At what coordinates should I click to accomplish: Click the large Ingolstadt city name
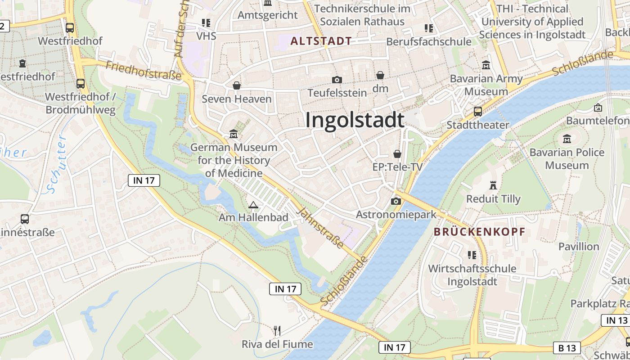355,121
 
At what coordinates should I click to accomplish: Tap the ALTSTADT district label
321,41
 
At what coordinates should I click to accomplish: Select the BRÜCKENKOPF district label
479,232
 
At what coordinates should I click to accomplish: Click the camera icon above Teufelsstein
337,80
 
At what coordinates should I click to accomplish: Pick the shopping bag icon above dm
380,75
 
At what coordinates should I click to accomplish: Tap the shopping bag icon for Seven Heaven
237,85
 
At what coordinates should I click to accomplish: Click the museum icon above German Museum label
234,134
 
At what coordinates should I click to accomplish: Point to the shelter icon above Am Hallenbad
253,205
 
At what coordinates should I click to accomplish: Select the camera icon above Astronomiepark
396,201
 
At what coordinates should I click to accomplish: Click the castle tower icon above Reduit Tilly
493,185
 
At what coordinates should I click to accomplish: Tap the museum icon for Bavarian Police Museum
567,139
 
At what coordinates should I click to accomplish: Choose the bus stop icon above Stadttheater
478,111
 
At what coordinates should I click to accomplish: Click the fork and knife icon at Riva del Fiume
277,331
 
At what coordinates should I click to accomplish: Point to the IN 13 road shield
616,320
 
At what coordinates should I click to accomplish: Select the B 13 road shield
567,348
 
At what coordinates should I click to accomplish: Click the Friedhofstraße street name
143,71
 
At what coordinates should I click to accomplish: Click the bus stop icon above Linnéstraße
25,219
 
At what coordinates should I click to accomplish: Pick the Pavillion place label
579,246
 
